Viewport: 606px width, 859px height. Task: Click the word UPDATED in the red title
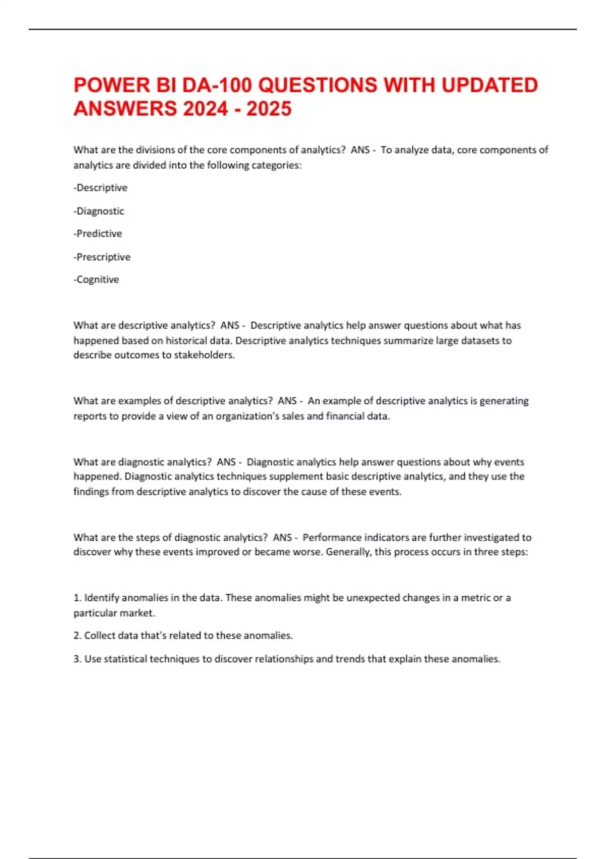point(489,85)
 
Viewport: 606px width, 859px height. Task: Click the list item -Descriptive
point(100,187)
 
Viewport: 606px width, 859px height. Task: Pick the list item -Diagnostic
point(99,211)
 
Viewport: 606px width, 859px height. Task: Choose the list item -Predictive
point(98,233)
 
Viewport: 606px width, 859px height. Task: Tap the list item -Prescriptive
point(102,257)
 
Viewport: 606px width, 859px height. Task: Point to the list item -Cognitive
point(96,279)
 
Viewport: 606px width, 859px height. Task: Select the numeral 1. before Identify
point(77,598)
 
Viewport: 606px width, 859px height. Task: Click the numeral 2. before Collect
point(77,635)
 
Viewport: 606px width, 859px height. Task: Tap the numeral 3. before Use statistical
point(77,659)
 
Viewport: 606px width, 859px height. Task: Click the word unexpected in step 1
point(374,598)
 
